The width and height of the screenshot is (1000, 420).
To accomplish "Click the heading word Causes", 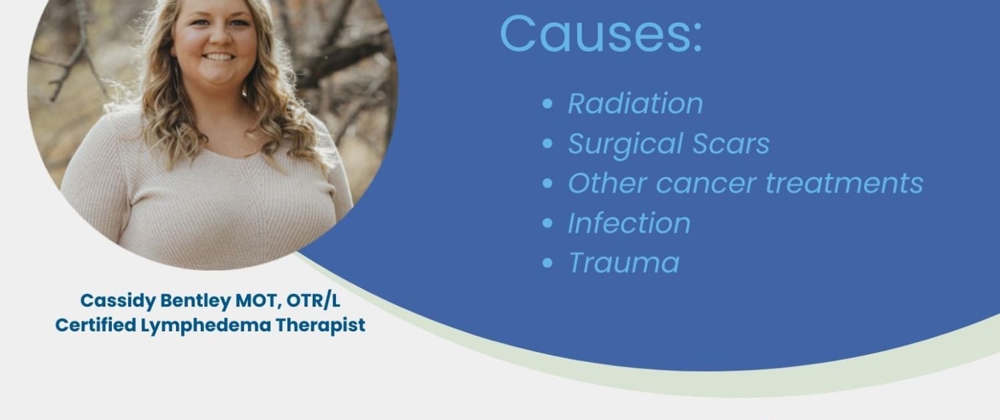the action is pos(601,34).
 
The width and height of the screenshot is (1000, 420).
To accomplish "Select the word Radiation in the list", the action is pos(635,103).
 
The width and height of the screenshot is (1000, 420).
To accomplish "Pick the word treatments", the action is pos(844,183).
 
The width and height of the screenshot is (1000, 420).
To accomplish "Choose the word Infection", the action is pos(629,223).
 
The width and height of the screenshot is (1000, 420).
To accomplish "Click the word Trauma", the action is pos(623,263).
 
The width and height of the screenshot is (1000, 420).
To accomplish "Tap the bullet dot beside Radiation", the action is pos(547,104).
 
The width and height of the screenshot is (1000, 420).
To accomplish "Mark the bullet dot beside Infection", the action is pos(547,223).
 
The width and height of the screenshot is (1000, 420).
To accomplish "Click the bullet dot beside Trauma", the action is pos(547,263).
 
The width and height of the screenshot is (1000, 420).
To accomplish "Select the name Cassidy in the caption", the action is pos(118,301).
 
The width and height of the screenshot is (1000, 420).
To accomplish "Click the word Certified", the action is pos(96,325).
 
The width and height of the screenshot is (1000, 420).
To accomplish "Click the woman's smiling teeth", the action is pos(219,57).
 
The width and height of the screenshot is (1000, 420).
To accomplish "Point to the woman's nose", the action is pos(217,36).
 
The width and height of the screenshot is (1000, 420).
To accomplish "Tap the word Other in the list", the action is pos(607,183).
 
